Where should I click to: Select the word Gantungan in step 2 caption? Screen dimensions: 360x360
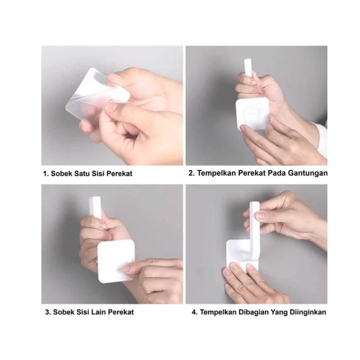pyautogui.click(x=308, y=173)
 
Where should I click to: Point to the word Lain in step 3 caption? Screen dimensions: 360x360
pyautogui.click(x=99, y=312)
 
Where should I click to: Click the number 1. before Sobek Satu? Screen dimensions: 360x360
pyautogui.click(x=46, y=173)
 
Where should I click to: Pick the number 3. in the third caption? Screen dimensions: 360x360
pyautogui.click(x=48, y=312)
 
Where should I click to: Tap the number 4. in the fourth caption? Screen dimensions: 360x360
pyautogui.click(x=195, y=312)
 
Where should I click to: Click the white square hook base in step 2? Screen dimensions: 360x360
pyautogui.click(x=253, y=114)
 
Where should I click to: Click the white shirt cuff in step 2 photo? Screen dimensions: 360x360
pyautogui.click(x=321, y=139)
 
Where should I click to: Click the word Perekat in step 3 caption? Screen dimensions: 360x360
pyautogui.click(x=121, y=312)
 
